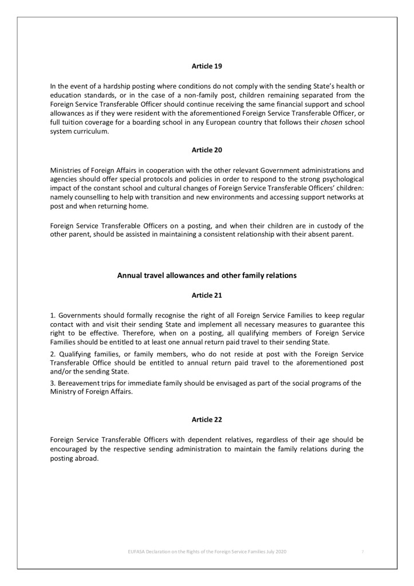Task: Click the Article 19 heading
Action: coord(206,66)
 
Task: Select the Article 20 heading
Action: coord(206,150)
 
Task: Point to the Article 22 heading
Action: coord(206,420)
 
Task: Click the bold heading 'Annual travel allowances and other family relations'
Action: coord(207,275)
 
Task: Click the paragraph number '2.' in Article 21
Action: coord(53,355)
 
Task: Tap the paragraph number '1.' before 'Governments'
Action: coord(53,316)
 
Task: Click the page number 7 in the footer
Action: coord(362,551)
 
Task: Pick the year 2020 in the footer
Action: coord(280,551)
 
